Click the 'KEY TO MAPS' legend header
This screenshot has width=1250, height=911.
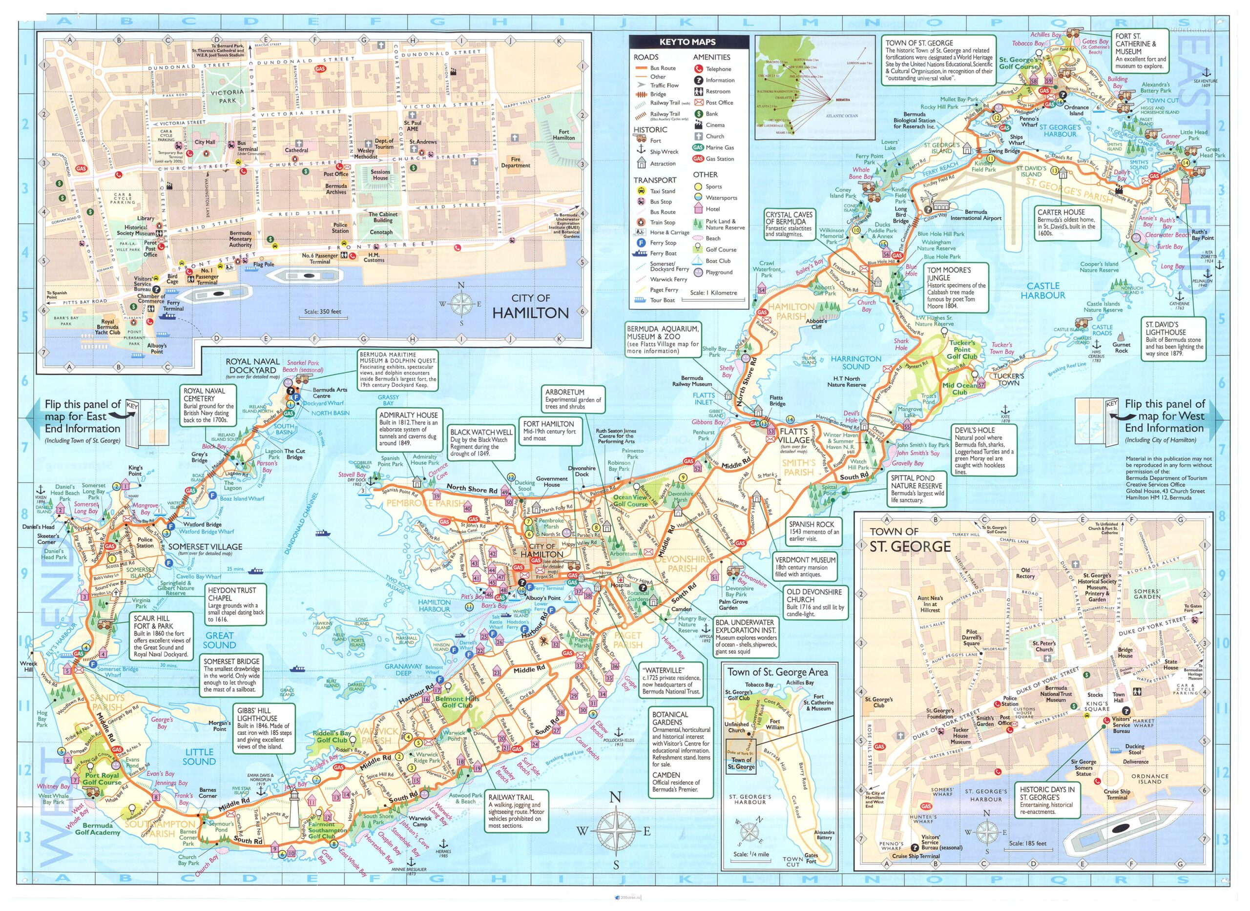(687, 42)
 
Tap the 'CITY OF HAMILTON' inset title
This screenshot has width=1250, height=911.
(530, 307)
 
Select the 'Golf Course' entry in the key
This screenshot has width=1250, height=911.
(721, 249)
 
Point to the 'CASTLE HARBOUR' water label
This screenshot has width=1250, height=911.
(1042, 290)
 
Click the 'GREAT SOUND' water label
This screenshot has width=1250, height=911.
(219, 640)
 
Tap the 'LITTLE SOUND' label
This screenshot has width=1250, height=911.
(199, 757)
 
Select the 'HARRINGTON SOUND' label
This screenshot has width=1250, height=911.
(856, 362)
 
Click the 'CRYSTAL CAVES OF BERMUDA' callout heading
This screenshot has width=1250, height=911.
(789, 218)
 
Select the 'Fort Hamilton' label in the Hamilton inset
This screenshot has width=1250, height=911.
(563, 135)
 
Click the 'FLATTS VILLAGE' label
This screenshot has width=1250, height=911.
(793, 435)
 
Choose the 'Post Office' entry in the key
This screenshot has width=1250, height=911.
(719, 103)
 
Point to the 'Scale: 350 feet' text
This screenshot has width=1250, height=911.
(323, 311)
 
